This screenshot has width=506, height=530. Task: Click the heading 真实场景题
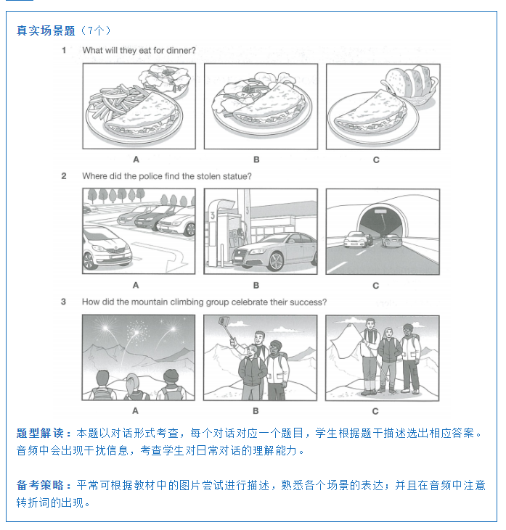coord(46,30)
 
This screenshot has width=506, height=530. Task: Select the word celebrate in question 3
coord(250,302)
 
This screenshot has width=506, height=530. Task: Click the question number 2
coord(64,176)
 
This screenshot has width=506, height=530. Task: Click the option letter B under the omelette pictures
coord(256,160)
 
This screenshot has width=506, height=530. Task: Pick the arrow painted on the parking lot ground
coord(162,256)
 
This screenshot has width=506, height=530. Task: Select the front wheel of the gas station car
coord(275,261)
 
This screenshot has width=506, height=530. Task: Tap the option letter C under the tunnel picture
coord(376,286)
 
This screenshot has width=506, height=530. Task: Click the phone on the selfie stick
coord(223,320)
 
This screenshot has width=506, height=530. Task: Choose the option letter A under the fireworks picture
coord(135,411)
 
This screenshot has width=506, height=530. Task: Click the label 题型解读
coord(40,433)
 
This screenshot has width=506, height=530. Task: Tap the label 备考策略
coord(40,485)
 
